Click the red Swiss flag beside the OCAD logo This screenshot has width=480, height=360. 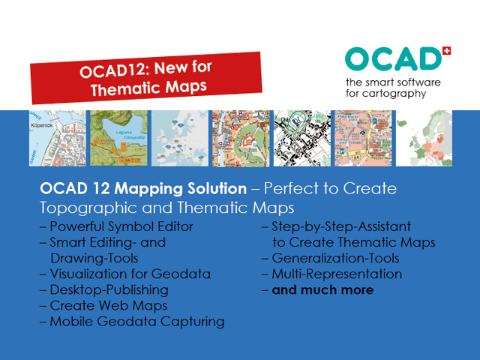447,51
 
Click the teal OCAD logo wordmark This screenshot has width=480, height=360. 393,59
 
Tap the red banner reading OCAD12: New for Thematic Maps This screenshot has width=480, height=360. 146,78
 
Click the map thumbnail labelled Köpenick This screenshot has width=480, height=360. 58,138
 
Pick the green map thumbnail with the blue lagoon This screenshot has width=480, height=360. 118,138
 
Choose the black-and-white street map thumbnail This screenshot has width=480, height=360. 302,138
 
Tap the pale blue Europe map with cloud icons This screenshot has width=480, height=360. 180,138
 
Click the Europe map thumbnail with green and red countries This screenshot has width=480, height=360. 424,138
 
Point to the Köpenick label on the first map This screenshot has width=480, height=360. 42,125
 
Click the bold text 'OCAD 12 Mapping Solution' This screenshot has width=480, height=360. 143,188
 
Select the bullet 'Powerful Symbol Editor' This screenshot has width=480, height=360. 121,226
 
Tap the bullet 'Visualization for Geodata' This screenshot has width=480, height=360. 130,274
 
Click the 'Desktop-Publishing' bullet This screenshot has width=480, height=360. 109,290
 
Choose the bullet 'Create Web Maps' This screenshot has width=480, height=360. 109,305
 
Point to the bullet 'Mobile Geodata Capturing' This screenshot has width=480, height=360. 137,322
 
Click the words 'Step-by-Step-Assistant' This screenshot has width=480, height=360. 341,226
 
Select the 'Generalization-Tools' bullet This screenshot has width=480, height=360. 336,258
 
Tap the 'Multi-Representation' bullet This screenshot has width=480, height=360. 337,274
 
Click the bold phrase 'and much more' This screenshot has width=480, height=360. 323,290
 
